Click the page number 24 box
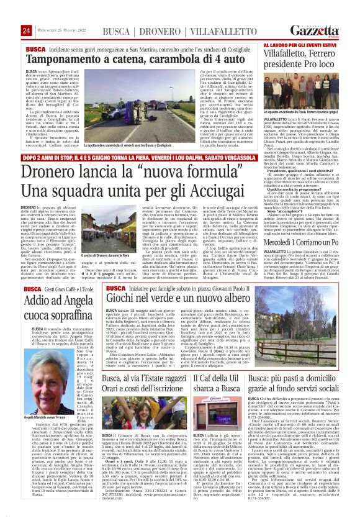(x=27, y=31)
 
